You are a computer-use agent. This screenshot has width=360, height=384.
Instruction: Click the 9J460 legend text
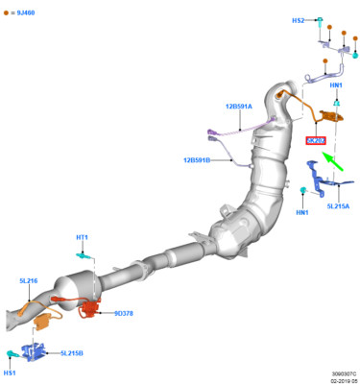[24, 14]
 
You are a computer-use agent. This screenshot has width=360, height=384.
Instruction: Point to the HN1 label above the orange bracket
[336, 85]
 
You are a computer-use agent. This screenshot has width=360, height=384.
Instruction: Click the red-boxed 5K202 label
[316, 140]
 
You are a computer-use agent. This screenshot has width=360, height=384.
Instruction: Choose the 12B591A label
[238, 107]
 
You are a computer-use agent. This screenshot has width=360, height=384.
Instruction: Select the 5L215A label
[339, 205]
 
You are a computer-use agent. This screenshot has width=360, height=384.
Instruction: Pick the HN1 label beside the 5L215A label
[302, 212]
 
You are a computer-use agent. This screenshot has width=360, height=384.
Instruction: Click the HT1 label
[83, 237]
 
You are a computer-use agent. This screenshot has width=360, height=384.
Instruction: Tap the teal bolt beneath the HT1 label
[84, 256]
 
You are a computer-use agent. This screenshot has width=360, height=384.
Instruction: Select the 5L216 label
[28, 281]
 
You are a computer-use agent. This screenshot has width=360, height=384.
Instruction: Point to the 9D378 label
[123, 313]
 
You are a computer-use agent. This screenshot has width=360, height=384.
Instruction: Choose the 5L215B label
[72, 353]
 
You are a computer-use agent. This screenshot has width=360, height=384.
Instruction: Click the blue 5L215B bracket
[37, 350]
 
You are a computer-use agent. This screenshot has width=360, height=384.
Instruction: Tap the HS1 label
[10, 372]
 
